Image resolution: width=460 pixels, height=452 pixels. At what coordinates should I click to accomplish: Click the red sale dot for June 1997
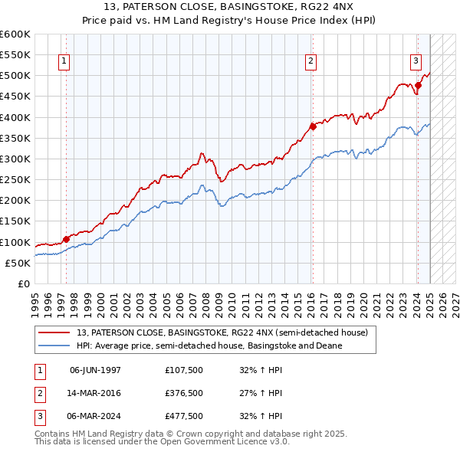pyautogui.click(x=66, y=239)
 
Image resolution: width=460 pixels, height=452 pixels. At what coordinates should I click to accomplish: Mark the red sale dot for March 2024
pyautogui.click(x=418, y=86)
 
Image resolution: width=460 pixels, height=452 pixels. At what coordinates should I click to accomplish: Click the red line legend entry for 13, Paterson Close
pyautogui.click(x=222, y=332)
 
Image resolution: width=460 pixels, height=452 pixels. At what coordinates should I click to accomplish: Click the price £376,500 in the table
pyautogui.click(x=184, y=393)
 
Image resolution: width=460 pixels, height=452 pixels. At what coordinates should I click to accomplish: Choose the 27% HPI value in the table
pyautogui.click(x=261, y=393)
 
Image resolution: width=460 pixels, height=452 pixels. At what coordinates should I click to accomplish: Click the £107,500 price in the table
pyautogui.click(x=184, y=369)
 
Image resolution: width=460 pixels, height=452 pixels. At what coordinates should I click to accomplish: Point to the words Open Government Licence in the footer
pyautogui.click(x=200, y=442)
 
